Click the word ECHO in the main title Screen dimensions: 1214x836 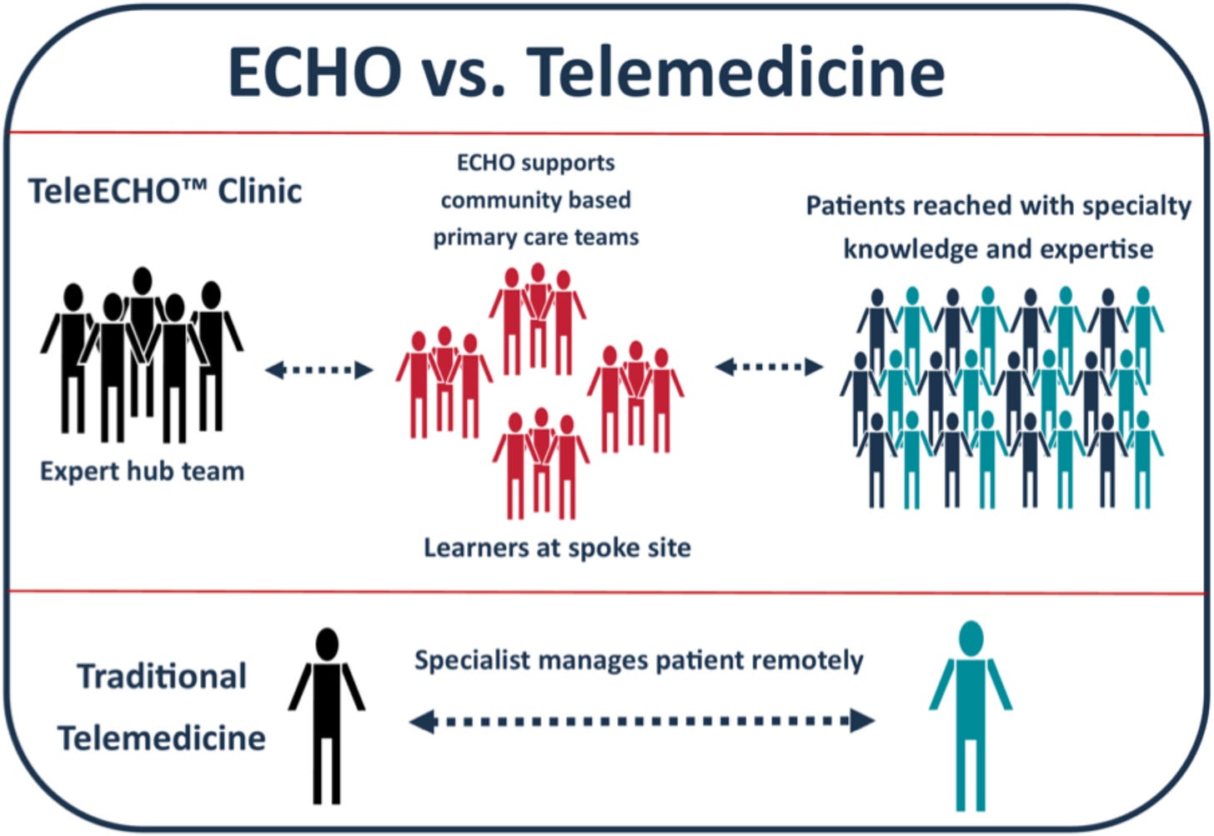314,72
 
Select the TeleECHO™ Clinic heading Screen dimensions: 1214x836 165,192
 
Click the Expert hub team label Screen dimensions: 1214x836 142,472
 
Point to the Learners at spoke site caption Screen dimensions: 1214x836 557,548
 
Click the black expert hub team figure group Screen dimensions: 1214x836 142,354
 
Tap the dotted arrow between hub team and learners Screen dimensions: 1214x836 319,369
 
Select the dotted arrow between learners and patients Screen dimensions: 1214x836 769,367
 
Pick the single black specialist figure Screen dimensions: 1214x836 327,715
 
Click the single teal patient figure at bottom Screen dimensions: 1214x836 971,715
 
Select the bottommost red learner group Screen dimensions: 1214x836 541,463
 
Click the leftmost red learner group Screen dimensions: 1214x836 444,382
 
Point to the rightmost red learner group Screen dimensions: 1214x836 635,396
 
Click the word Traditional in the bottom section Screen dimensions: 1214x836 162,676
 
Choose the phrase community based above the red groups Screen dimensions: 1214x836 535,200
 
